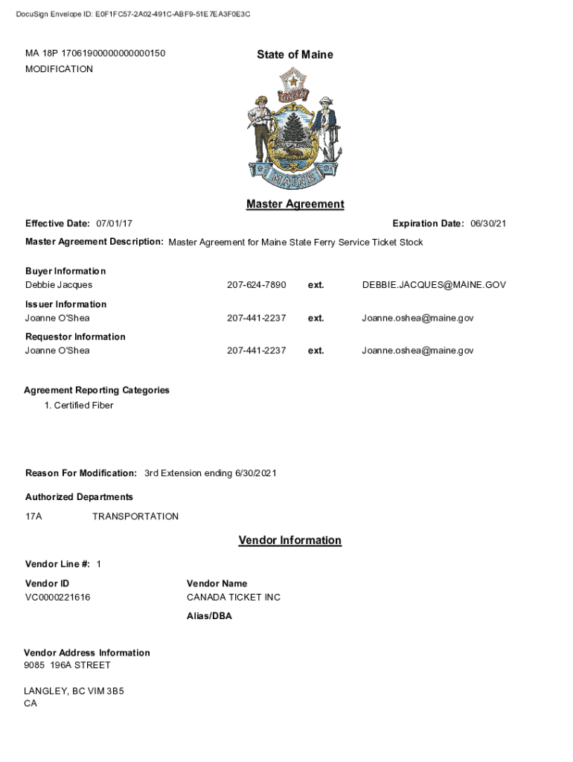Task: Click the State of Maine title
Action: [x=295, y=54]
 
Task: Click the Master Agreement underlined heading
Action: [x=295, y=204]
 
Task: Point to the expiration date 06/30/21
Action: [x=488, y=224]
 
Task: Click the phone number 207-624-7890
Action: [x=256, y=285]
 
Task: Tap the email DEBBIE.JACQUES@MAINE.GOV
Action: [x=434, y=285]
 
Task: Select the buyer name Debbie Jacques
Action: [x=59, y=285]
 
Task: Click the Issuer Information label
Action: [x=65, y=304]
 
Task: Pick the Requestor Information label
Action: [x=75, y=337]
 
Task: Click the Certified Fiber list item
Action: [x=83, y=406]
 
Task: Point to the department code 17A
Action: [x=33, y=516]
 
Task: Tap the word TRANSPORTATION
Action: [x=135, y=516]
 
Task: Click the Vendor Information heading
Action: [x=289, y=540]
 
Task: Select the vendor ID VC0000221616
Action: [x=58, y=598]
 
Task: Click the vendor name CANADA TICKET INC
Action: [x=234, y=598]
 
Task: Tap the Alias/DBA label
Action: [x=209, y=616]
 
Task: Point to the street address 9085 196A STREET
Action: [x=67, y=665]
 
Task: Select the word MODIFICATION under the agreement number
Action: [x=59, y=69]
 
